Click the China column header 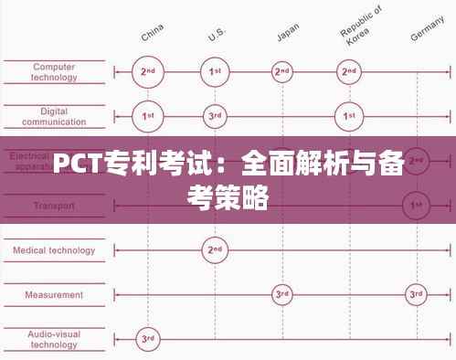tap(152, 35)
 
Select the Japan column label tap(287, 35)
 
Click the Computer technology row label tap(54, 71)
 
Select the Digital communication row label tap(54, 116)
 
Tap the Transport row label tap(54, 206)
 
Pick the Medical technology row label tap(54, 249)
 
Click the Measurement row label tap(54, 294)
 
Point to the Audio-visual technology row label tap(54, 339)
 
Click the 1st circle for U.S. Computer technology tap(215, 71)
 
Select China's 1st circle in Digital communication tap(147, 116)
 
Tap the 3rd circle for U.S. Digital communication tap(215, 116)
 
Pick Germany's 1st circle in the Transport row tap(417, 205)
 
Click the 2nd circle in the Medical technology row tap(215, 249)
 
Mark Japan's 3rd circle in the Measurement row tap(282, 294)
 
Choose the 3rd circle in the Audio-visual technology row tap(147, 339)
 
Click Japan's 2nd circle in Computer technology tap(282, 71)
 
